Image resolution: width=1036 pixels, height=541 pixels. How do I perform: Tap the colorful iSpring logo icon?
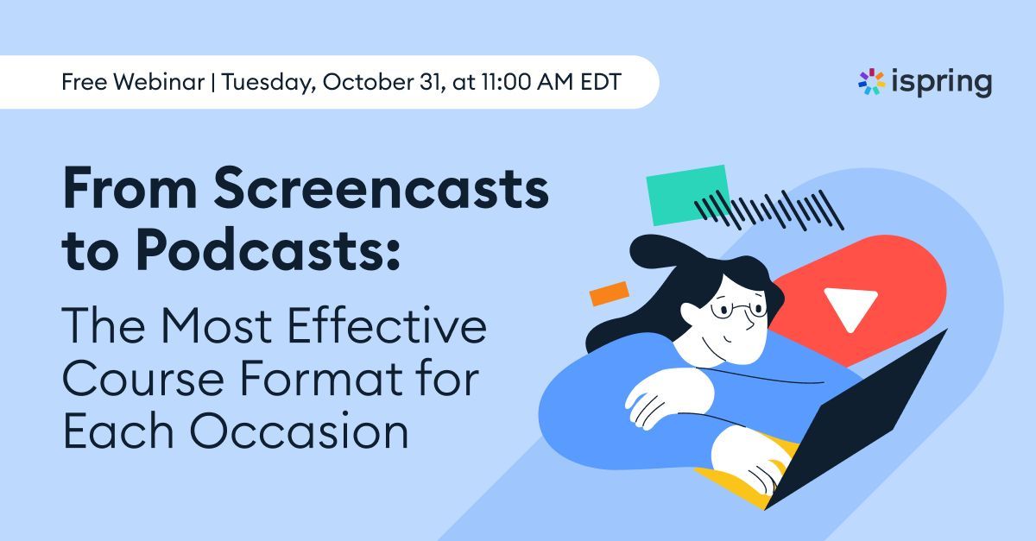coord(871,82)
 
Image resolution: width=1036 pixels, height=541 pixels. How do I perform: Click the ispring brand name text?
coord(942,83)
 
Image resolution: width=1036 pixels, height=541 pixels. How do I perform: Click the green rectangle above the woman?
coord(687,194)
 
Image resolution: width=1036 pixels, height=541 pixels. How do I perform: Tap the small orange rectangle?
coord(608,293)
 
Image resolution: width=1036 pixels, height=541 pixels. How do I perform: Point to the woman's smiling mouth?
coord(729,339)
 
